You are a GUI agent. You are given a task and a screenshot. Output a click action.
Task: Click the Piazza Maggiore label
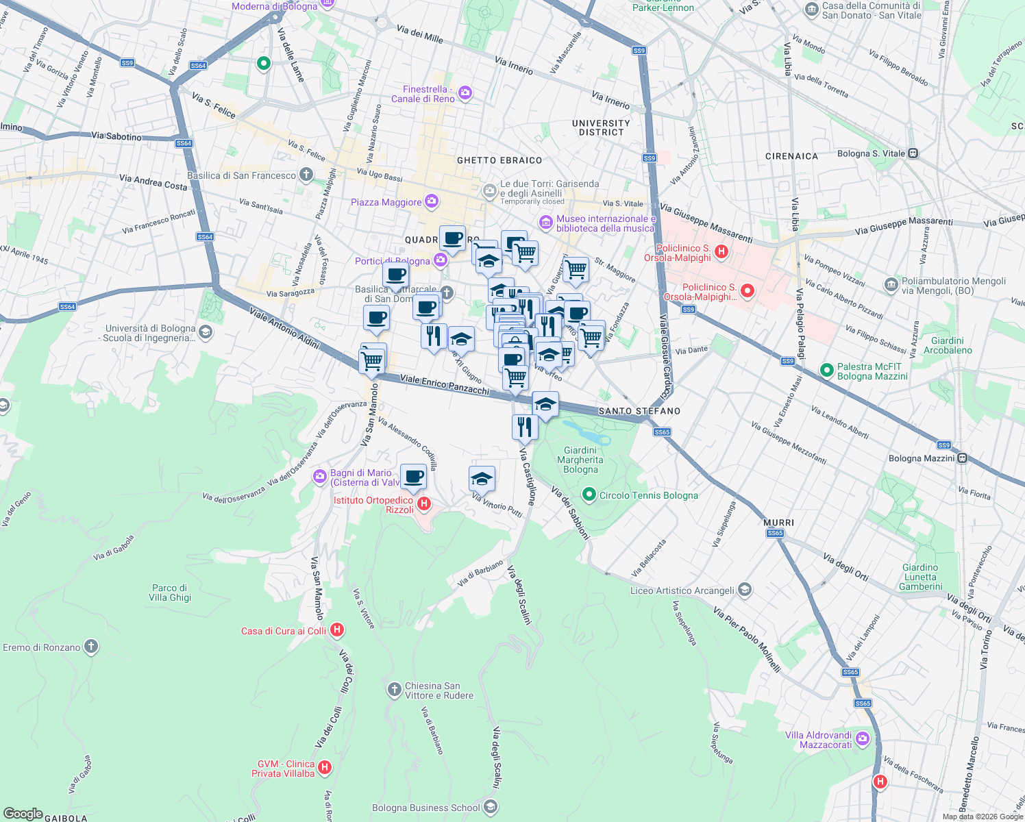tap(386, 202)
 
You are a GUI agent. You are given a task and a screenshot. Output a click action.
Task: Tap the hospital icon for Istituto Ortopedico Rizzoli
tap(423, 504)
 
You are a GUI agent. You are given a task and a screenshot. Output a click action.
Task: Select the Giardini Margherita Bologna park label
tap(580, 460)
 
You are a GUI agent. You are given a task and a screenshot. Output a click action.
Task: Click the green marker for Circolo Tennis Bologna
tap(589, 495)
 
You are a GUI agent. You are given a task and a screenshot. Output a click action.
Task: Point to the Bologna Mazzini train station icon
tap(962, 458)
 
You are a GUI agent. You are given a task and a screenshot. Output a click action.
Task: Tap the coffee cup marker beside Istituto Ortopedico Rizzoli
tap(413, 477)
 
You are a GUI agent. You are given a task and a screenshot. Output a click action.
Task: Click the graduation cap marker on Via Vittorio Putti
tap(482, 480)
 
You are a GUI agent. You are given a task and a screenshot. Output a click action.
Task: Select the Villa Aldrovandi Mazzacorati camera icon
tap(862, 739)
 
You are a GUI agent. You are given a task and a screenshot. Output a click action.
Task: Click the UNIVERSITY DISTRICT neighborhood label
tap(601, 128)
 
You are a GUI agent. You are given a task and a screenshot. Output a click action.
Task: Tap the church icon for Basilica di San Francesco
tap(306, 175)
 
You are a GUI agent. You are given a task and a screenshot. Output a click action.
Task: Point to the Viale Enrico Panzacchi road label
tap(445, 384)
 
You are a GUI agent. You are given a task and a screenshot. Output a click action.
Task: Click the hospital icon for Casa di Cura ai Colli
tap(336, 630)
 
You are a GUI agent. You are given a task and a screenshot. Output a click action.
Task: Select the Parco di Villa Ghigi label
tap(170, 593)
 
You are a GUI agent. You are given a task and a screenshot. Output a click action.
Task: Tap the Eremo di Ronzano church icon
tap(90, 647)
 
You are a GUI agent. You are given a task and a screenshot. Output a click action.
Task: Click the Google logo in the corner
tap(23, 813)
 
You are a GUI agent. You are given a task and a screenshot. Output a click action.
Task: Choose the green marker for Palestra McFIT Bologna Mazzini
tap(826, 371)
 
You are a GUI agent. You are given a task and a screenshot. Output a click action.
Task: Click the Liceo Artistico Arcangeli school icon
tap(745, 590)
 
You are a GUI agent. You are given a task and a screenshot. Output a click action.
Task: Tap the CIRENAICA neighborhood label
tap(791, 156)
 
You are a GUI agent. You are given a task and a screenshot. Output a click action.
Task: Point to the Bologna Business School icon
tap(490, 808)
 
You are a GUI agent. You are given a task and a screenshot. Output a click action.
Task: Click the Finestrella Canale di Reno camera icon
tap(465, 93)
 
